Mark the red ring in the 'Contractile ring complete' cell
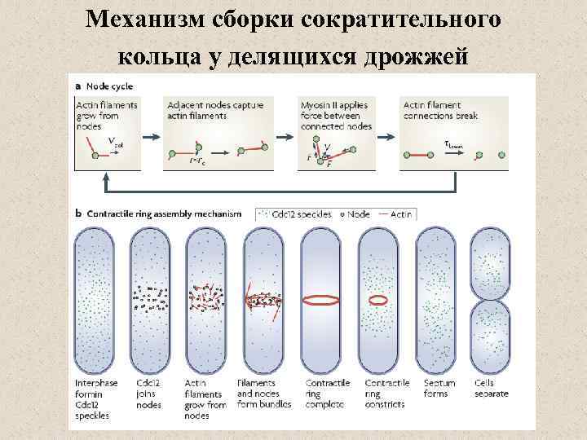pos(321,300)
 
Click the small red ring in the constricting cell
pos(378,300)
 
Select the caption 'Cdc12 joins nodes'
pos(149,394)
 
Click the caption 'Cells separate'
pos(492,389)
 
